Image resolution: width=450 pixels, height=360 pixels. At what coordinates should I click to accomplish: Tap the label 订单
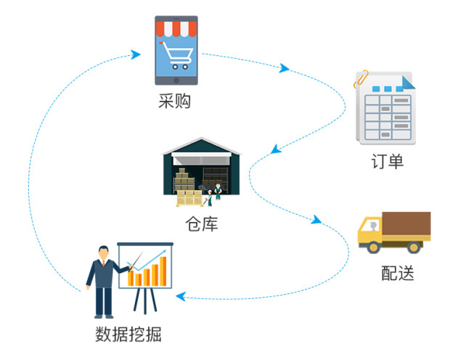click(386, 161)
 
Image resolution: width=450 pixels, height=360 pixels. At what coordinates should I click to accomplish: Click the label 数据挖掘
click(128, 335)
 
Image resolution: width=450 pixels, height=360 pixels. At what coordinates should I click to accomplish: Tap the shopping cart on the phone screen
click(176, 54)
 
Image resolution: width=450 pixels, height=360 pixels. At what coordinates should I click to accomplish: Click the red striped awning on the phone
click(176, 29)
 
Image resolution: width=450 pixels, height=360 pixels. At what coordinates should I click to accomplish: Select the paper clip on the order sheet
click(361, 78)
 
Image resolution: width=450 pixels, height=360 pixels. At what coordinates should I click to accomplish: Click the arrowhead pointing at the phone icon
click(136, 54)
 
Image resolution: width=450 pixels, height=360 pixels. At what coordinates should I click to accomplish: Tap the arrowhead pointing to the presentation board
click(180, 296)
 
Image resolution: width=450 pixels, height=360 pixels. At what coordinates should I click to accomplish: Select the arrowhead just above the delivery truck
click(317, 219)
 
